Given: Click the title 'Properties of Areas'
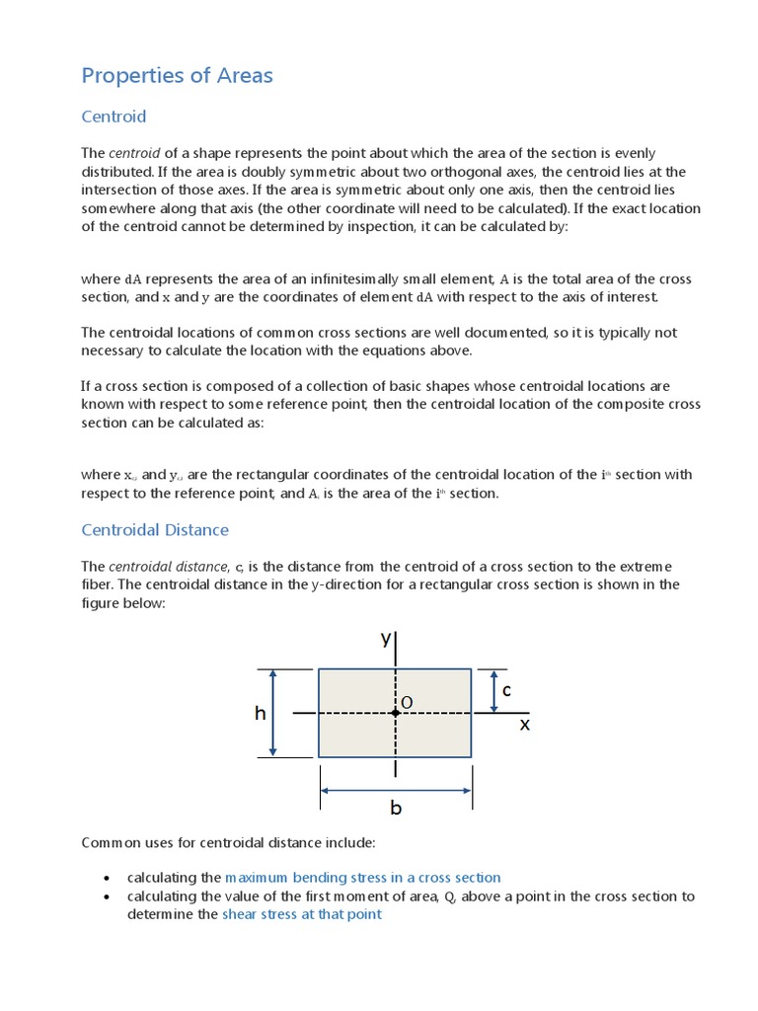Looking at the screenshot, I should click(x=177, y=75).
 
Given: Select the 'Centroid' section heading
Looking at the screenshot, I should click(x=114, y=117).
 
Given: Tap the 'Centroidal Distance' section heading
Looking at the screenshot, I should click(x=154, y=530).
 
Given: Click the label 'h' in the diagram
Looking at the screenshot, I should click(x=261, y=713).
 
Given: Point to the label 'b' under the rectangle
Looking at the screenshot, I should click(x=396, y=808).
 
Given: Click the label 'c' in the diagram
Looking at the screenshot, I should click(x=506, y=690).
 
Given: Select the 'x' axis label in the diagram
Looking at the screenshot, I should click(x=524, y=725).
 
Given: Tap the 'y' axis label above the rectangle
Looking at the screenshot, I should click(x=386, y=639).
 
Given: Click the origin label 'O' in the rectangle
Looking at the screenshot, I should click(x=406, y=702).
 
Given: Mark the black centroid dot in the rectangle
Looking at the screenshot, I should click(x=396, y=713).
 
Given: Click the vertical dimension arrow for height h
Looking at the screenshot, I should click(x=274, y=713).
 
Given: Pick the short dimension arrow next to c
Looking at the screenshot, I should click(x=493, y=690).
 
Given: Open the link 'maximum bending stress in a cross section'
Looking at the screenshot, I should click(x=362, y=877).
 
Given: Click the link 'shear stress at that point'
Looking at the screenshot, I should click(x=301, y=914).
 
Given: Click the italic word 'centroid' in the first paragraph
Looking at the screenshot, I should click(x=134, y=154).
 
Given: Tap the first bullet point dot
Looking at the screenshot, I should click(x=107, y=878).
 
